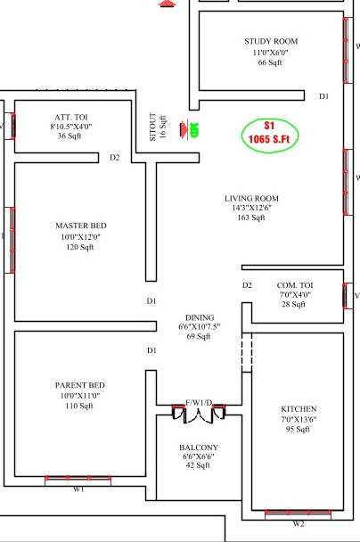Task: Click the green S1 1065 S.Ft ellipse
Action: [270, 133]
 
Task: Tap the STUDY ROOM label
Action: [271, 41]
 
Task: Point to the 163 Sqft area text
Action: [251, 218]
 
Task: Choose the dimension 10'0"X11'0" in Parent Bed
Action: [80, 395]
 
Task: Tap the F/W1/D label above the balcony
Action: [198, 402]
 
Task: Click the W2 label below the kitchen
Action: [299, 524]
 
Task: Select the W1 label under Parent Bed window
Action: [78, 489]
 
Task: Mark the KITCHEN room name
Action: [298, 408]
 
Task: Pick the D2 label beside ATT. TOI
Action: [115, 158]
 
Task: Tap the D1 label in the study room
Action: [324, 95]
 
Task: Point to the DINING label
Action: [199, 316]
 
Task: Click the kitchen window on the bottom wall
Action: [299, 512]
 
